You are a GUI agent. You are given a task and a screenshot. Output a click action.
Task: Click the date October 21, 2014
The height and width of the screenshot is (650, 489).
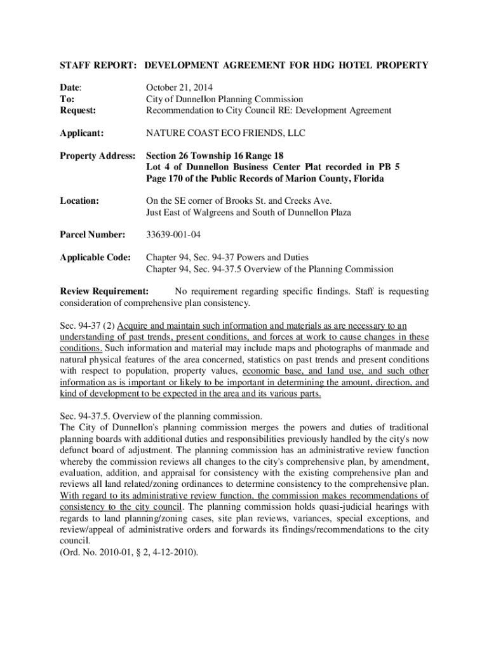[180, 87]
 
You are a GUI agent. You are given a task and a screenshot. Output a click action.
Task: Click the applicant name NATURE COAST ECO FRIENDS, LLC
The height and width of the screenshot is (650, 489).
[225, 133]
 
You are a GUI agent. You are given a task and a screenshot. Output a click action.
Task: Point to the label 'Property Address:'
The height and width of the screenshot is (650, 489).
[97, 156]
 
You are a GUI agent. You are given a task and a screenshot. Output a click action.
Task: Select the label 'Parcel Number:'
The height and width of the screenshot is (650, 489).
[92, 235]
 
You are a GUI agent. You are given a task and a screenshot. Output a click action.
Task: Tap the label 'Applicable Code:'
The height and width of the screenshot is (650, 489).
[95, 258]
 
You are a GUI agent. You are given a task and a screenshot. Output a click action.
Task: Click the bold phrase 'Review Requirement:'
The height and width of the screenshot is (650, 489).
[104, 292]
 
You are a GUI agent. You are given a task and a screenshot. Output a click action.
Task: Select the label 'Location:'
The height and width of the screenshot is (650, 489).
[79, 201]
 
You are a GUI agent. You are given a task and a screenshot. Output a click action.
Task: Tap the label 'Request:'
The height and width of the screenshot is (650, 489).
[78, 110]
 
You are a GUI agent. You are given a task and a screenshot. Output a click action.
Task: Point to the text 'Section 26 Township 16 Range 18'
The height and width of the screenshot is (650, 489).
[215, 156]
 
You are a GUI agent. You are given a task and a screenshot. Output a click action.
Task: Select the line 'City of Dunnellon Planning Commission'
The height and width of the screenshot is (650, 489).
[224, 98]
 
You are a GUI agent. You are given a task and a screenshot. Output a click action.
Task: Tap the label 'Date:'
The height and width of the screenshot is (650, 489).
[71, 87]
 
